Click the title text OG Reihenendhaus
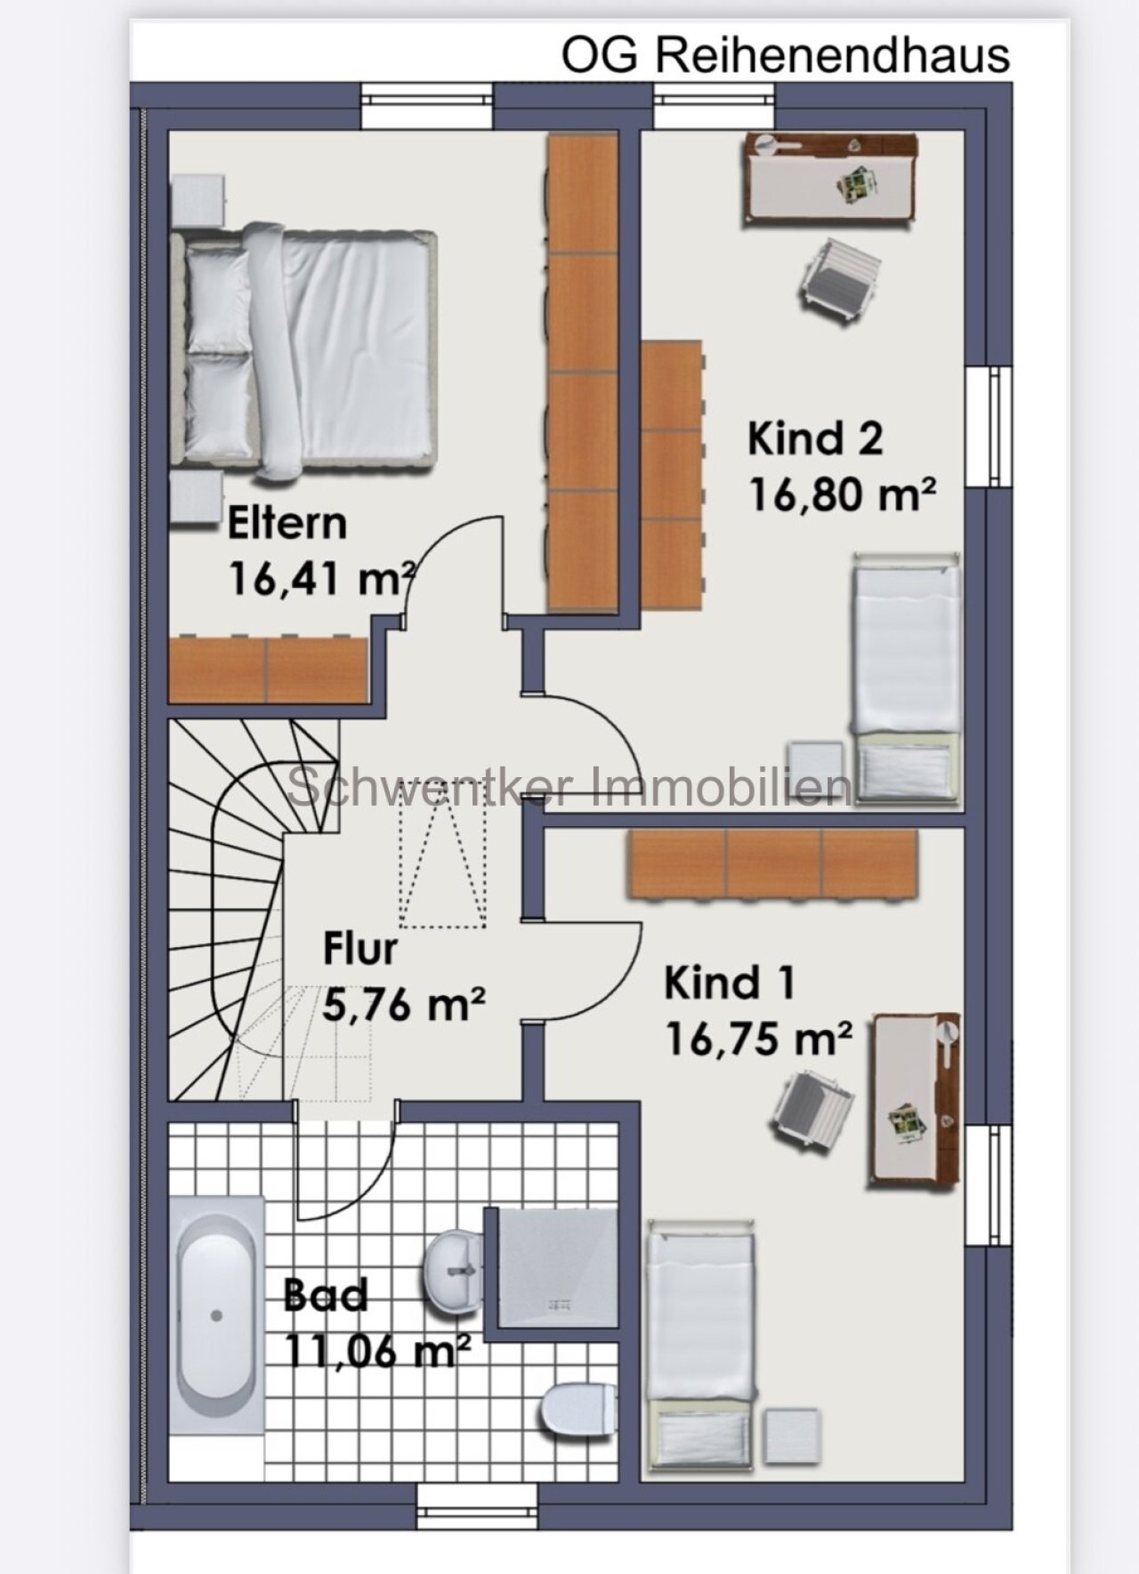click(785, 55)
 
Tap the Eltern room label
click(287, 523)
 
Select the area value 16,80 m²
click(842, 494)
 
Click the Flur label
click(359, 949)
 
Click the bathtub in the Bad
click(216, 1314)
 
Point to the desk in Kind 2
click(830, 178)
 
